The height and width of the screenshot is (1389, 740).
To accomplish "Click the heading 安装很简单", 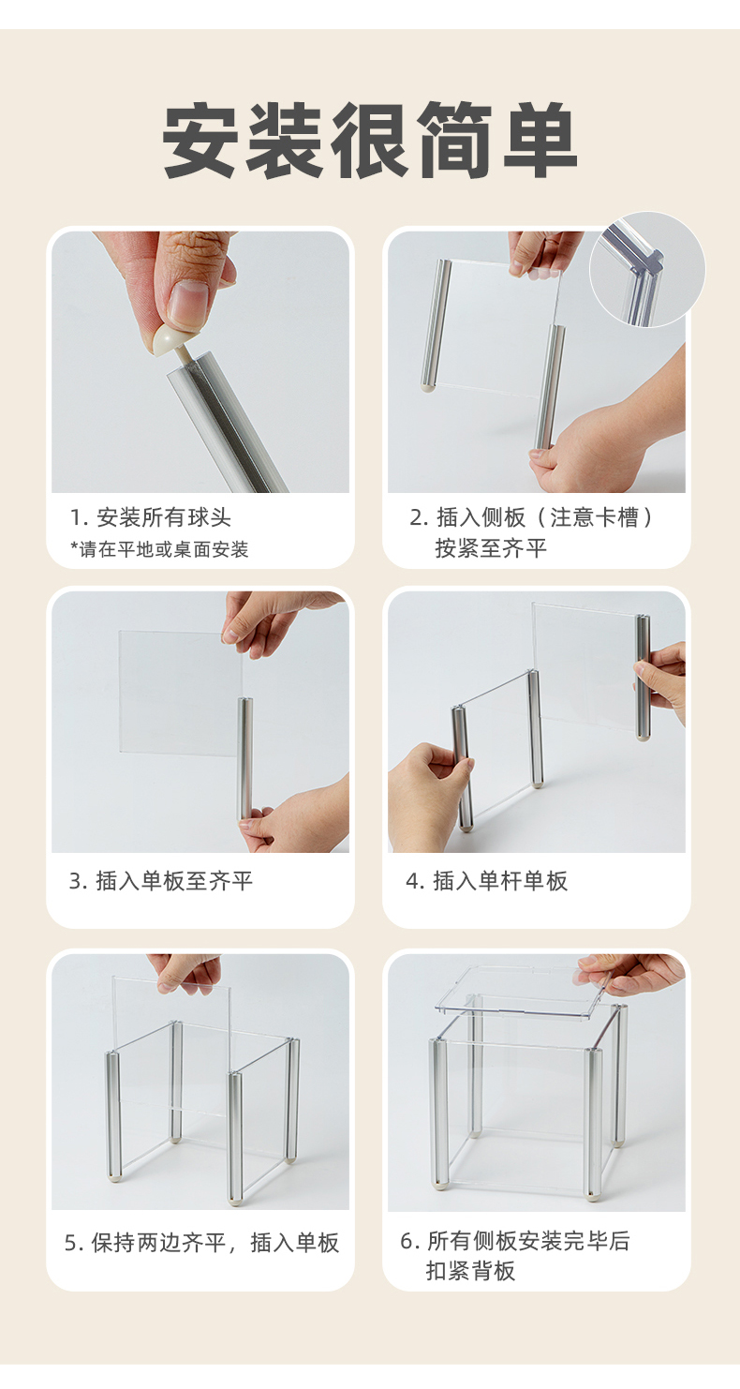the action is pos(370,141).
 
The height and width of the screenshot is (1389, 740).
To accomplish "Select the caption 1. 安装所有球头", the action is pos(151,517).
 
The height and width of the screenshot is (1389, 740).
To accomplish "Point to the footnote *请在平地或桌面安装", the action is pos(159,549).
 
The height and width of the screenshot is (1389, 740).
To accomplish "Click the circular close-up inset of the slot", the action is pos(647,270).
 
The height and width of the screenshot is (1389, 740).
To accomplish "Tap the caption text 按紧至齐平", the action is pos(491,548).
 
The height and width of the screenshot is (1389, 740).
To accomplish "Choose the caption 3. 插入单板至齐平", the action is pos(160,881).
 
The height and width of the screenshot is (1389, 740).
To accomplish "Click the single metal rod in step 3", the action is pos(246,758).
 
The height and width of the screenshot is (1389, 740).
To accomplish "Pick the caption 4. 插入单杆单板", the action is pos(486,881).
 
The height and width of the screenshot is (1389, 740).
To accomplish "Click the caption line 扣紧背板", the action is pos(470,1271).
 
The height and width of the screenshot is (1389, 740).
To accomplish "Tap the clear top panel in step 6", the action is pos(524,991).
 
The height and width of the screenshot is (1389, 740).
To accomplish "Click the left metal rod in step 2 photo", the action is pos(437,325).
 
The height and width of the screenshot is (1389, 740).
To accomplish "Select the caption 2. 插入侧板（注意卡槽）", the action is pos(532,517).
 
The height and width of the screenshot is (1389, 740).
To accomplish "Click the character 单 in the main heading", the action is pos(540,141).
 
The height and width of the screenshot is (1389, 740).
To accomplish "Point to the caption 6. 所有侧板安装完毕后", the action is pos(515,1240).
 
